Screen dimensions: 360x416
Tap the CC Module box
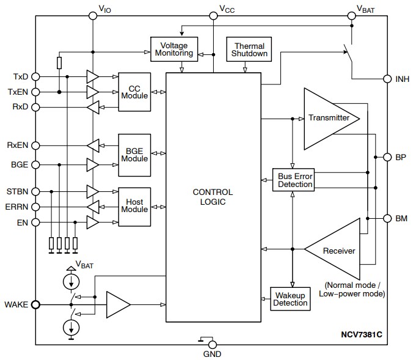click(x=134, y=92)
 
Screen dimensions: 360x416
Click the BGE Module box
click(x=134, y=155)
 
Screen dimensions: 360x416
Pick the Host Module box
click(x=134, y=206)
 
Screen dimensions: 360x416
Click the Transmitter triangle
click(x=327, y=118)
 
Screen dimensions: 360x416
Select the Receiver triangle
click(x=336, y=251)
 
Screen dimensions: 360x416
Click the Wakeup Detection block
click(x=290, y=299)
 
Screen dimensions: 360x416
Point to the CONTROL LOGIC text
click(x=213, y=197)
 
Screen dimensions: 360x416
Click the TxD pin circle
click(x=35, y=77)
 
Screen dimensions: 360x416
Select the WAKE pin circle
click(x=35, y=304)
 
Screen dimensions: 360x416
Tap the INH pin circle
click(x=387, y=79)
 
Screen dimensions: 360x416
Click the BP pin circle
click(x=387, y=157)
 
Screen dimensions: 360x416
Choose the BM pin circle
click(x=387, y=218)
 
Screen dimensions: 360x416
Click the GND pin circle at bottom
click(x=212, y=345)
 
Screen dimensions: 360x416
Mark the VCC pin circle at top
click(x=213, y=17)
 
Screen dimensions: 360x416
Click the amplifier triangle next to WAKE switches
click(x=117, y=304)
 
